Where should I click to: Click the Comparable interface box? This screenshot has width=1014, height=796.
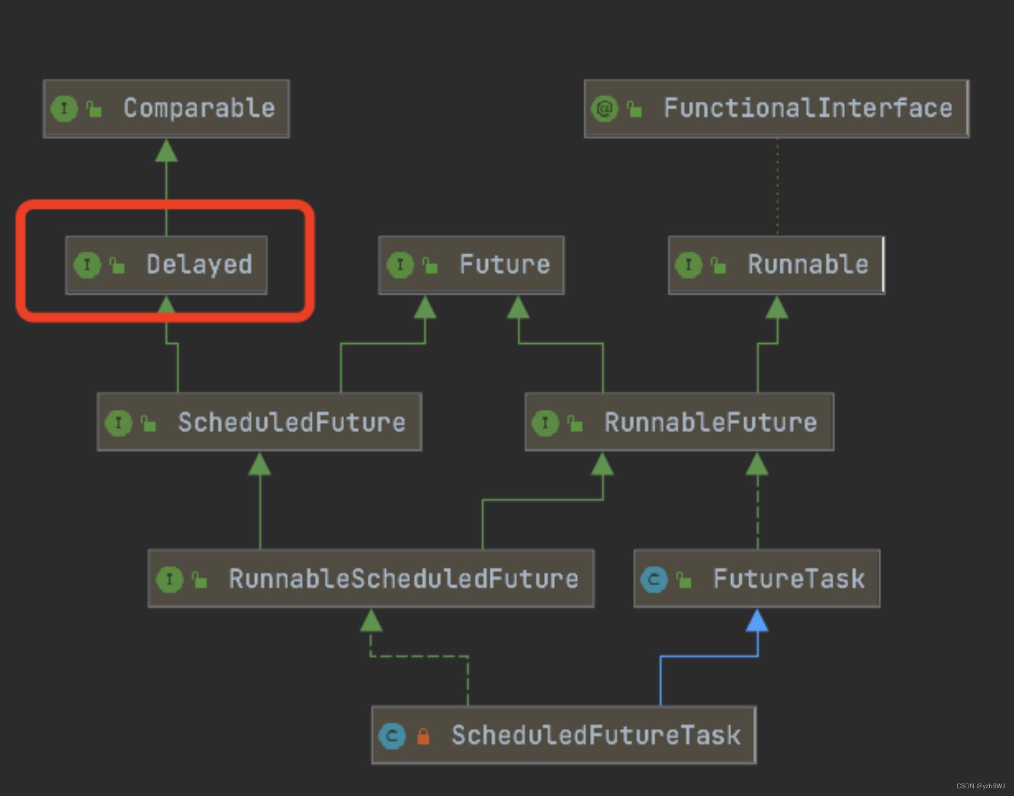tap(166, 109)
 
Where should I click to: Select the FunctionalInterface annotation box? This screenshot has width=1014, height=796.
tap(777, 109)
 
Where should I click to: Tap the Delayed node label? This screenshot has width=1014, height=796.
tap(199, 264)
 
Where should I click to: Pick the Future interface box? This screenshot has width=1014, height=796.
tap(471, 265)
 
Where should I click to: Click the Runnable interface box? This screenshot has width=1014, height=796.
tap(777, 265)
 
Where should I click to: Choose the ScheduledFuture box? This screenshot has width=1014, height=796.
tap(259, 422)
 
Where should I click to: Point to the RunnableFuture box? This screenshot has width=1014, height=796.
tap(679, 422)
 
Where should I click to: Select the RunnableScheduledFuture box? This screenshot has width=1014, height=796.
tap(371, 579)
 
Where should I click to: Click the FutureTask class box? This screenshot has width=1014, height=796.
tap(757, 579)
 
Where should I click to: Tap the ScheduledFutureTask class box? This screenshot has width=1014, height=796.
tap(564, 735)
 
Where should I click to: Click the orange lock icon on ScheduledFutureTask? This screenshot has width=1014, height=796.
tap(423, 736)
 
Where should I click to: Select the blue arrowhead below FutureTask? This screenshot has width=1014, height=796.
tap(757, 621)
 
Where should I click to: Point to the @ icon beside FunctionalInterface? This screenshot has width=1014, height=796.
tap(605, 109)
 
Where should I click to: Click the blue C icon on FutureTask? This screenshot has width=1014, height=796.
tap(654, 579)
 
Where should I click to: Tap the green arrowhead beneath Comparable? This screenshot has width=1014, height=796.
tap(166, 150)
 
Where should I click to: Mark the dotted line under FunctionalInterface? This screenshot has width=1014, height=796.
tap(777, 187)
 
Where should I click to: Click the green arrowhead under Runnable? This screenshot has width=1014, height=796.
tap(777, 307)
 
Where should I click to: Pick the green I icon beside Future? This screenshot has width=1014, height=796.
tap(400, 265)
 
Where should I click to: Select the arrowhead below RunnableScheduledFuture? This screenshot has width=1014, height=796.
tap(371, 621)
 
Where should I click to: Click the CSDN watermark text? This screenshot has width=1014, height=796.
tap(980, 786)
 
